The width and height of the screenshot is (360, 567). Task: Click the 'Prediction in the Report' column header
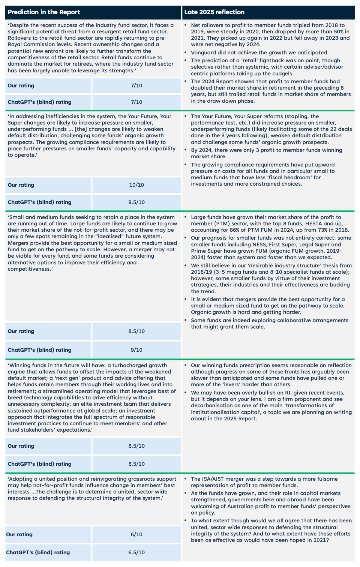[x=44, y=12]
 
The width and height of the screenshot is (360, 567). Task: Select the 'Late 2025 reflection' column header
[x=214, y=12]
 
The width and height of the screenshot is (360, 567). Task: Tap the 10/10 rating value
[x=136, y=185]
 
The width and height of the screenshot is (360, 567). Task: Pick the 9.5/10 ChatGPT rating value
[x=136, y=202]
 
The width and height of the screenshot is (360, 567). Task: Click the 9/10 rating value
[x=136, y=350]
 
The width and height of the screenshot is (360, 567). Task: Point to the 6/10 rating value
[x=136, y=534]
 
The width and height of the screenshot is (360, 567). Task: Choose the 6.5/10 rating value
[x=136, y=552]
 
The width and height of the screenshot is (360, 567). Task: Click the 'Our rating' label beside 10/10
[x=21, y=185]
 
